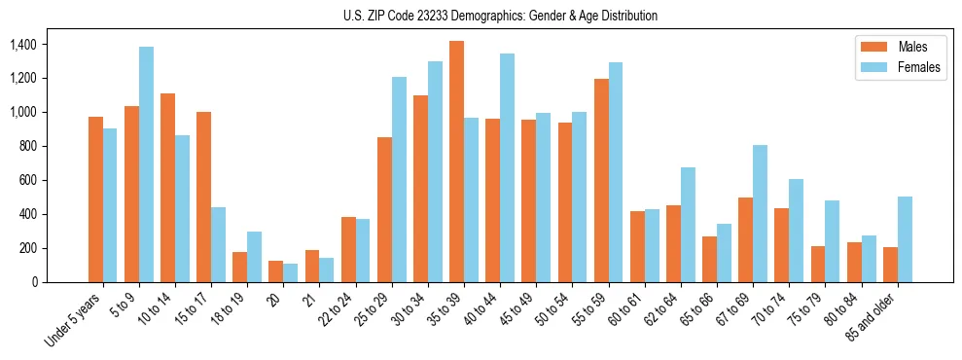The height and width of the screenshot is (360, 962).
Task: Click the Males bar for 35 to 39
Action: pos(456,162)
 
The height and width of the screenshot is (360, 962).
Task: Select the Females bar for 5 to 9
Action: pos(146,164)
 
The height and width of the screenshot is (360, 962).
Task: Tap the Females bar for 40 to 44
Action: pos(507,167)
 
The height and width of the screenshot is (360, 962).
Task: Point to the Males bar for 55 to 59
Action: pos(601,180)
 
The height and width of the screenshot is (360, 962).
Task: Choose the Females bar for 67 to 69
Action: pos(760,213)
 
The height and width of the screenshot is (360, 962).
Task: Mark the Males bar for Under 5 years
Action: pos(95,199)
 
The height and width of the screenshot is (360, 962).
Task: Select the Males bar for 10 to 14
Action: pos(167,188)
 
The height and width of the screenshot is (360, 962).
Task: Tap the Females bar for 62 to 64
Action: pos(688,225)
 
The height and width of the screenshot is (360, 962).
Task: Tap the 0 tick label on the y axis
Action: pos(35,282)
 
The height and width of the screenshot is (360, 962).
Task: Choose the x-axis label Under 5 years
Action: pos(74,320)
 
